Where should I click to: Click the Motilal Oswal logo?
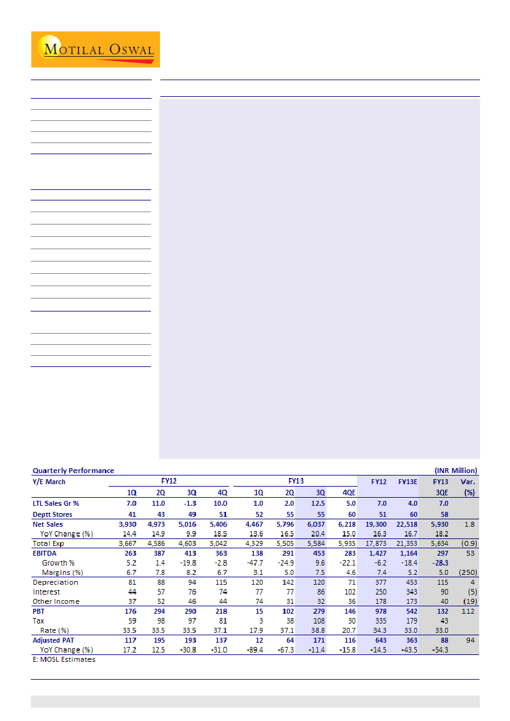click(x=96, y=49)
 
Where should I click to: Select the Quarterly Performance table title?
click(x=73, y=470)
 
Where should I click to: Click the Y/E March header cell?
click(x=49, y=482)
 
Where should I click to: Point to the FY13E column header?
click(x=408, y=482)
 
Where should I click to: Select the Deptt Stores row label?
click(x=52, y=514)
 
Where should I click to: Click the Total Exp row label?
click(x=48, y=544)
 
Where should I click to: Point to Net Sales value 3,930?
click(x=128, y=524)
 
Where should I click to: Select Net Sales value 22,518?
click(x=408, y=524)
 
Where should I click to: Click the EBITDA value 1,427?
click(x=379, y=554)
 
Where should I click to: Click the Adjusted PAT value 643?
click(x=382, y=641)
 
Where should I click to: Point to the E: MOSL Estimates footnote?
click(x=64, y=659)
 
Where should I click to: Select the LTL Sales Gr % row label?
click(x=57, y=504)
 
